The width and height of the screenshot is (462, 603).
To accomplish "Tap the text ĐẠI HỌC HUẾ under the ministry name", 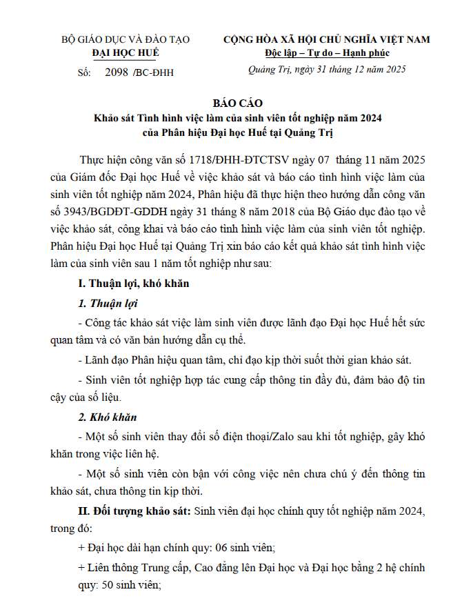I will click(x=125, y=52).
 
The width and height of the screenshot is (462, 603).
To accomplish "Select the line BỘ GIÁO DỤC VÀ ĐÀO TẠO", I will click(x=125, y=40).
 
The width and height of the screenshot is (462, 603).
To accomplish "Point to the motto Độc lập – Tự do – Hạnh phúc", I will click(x=327, y=52).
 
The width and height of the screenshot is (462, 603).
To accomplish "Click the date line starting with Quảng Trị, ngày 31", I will click(x=327, y=69).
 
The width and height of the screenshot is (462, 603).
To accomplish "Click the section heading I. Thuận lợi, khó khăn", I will click(x=133, y=284).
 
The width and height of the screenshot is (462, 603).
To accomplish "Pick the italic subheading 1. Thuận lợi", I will click(x=108, y=304).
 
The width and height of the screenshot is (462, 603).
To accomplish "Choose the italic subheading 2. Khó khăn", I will click(x=108, y=417).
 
